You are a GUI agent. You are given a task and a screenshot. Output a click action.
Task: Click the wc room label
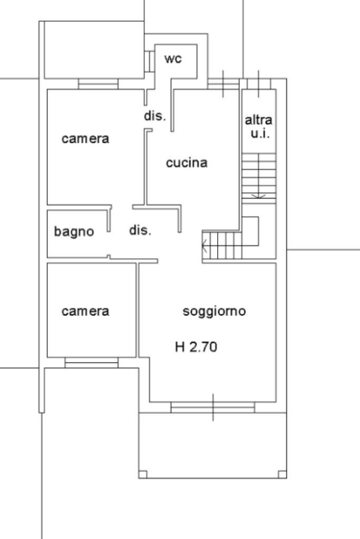click(173, 58)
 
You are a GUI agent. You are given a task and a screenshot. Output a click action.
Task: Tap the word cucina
click(187, 163)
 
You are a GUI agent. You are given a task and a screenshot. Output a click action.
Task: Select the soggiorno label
click(214, 311)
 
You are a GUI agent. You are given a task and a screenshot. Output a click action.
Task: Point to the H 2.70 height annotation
click(196, 347)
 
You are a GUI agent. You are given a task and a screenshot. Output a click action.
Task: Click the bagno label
click(74, 231)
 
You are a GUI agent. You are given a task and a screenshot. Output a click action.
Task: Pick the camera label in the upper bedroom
click(85, 139)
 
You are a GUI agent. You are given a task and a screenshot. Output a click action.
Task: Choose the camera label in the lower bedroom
click(85, 311)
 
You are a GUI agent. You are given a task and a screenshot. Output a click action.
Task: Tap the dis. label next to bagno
click(140, 230)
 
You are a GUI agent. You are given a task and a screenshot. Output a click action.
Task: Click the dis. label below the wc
click(155, 116)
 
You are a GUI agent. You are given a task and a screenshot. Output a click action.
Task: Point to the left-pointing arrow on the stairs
click(205, 246)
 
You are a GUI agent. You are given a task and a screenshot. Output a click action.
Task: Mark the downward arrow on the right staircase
click(258, 195)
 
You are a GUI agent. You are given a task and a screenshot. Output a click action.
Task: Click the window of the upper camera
click(98, 84)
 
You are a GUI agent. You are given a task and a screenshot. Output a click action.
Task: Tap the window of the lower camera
click(92, 362)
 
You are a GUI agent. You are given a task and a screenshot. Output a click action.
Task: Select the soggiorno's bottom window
click(213, 407)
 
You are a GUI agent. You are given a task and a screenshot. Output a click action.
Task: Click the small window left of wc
click(150, 60)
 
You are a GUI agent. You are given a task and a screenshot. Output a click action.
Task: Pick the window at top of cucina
click(223, 84)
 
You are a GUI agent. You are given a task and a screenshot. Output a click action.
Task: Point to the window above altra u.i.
click(259, 84)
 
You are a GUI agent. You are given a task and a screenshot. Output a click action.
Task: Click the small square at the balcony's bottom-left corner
click(143, 474)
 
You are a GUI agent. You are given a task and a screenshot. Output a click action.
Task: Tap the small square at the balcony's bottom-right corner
click(283, 474)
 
